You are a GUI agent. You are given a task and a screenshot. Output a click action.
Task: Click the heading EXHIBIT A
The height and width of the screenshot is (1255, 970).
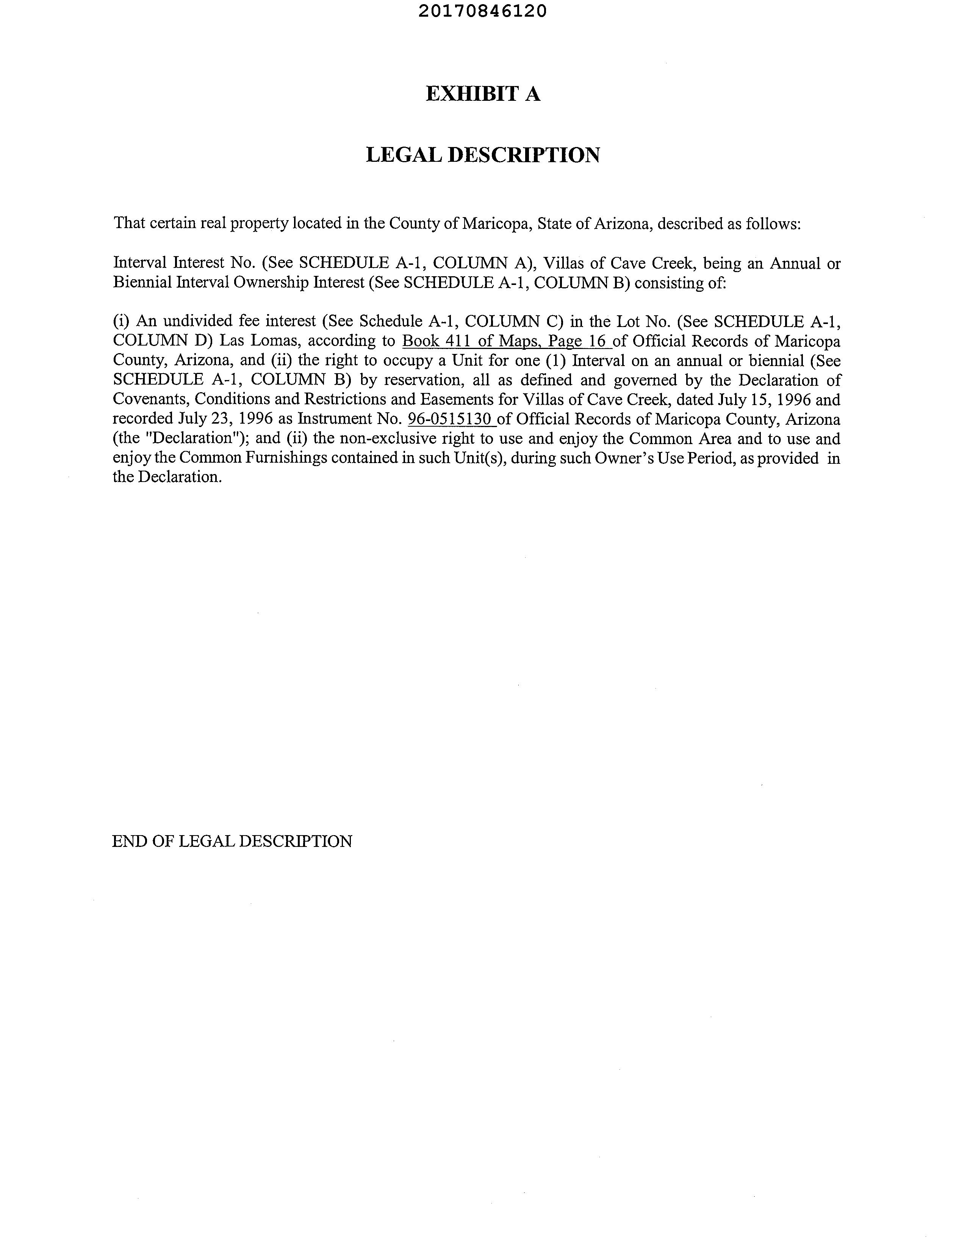(x=483, y=94)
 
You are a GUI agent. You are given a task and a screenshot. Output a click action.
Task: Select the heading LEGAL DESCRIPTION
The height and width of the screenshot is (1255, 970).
(x=483, y=155)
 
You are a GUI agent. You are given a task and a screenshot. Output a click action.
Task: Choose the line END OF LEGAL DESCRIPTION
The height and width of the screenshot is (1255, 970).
(x=232, y=841)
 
